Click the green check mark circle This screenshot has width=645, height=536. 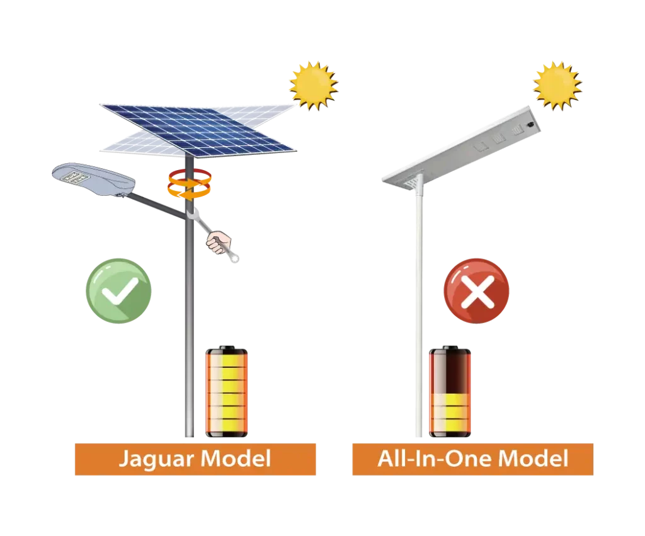click(x=118, y=291)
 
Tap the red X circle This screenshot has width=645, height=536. click(x=476, y=291)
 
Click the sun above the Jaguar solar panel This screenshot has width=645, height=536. click(x=314, y=86)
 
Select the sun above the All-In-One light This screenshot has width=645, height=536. click(x=557, y=86)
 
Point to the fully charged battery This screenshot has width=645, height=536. click(x=227, y=391)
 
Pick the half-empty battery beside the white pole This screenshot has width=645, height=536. click(x=450, y=391)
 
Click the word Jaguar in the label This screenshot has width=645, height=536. click(x=156, y=460)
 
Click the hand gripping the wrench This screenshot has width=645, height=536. click(x=219, y=242)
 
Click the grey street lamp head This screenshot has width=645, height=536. click(x=93, y=180)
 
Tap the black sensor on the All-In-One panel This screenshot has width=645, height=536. click(x=531, y=123)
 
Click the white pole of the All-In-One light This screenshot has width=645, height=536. click(x=419, y=309)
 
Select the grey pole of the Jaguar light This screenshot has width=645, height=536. click(x=189, y=296)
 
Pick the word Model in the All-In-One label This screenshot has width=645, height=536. click(x=533, y=459)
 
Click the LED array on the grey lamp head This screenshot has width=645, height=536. click(x=75, y=177)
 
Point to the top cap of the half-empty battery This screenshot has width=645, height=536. click(x=450, y=348)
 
